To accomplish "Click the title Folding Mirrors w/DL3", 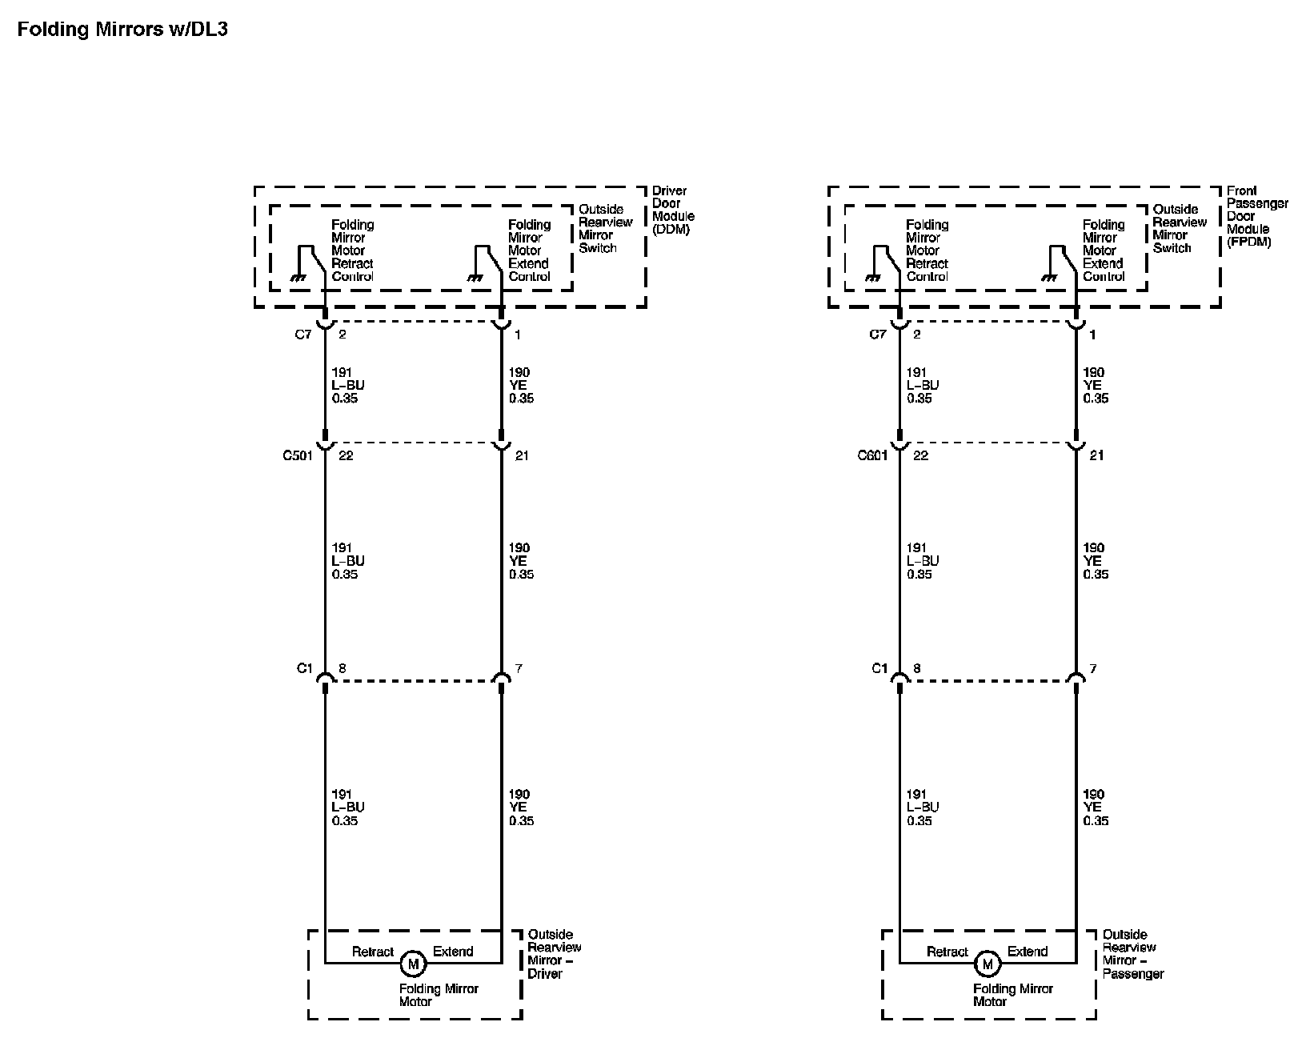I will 122,30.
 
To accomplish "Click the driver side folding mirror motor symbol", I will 413,964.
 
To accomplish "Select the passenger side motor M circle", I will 988,964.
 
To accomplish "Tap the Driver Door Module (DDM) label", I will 673,210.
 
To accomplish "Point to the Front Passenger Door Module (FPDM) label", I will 1256,216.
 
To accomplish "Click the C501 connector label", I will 298,456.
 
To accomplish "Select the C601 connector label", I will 872,456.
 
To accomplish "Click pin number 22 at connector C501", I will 346,456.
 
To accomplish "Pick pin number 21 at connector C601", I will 1096,456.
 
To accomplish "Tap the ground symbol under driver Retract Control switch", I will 299,278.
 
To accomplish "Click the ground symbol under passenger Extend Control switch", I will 1050,278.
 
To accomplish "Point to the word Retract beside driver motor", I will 373,952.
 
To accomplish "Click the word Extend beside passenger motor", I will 1028,952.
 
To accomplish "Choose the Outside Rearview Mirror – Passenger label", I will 1132,954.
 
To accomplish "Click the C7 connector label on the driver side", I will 302,335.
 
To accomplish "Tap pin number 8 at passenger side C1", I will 917,669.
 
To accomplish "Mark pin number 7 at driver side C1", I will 519,669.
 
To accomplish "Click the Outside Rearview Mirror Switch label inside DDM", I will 605,229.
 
